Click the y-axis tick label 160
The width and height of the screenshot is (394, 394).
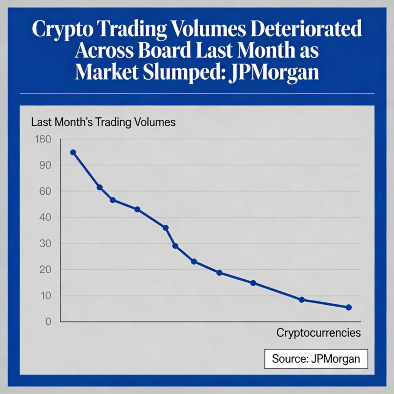pyautogui.click(x=42, y=139)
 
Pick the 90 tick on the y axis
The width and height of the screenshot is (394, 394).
pyautogui.click(x=45, y=165)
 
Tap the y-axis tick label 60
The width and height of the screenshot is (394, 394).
pyautogui.click(x=45, y=191)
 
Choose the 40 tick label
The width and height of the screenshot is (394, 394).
pyautogui.click(x=45, y=217)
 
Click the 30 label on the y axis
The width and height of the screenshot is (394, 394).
pyautogui.click(x=45, y=244)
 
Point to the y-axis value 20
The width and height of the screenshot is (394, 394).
pyautogui.click(x=45, y=270)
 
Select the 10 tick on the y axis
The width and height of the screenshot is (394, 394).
pyautogui.click(x=45, y=296)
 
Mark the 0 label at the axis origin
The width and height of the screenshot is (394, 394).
pyautogui.click(x=48, y=322)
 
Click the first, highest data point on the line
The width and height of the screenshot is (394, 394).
pyautogui.click(x=73, y=152)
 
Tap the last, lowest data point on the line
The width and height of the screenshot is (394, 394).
pyautogui.click(x=349, y=307)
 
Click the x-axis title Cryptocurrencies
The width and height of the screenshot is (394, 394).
pyautogui.click(x=319, y=333)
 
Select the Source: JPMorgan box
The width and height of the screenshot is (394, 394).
pyautogui.click(x=316, y=359)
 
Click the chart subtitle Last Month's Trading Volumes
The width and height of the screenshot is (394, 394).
pyautogui.click(x=103, y=122)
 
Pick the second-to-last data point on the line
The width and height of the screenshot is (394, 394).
pyautogui.click(x=302, y=299)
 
